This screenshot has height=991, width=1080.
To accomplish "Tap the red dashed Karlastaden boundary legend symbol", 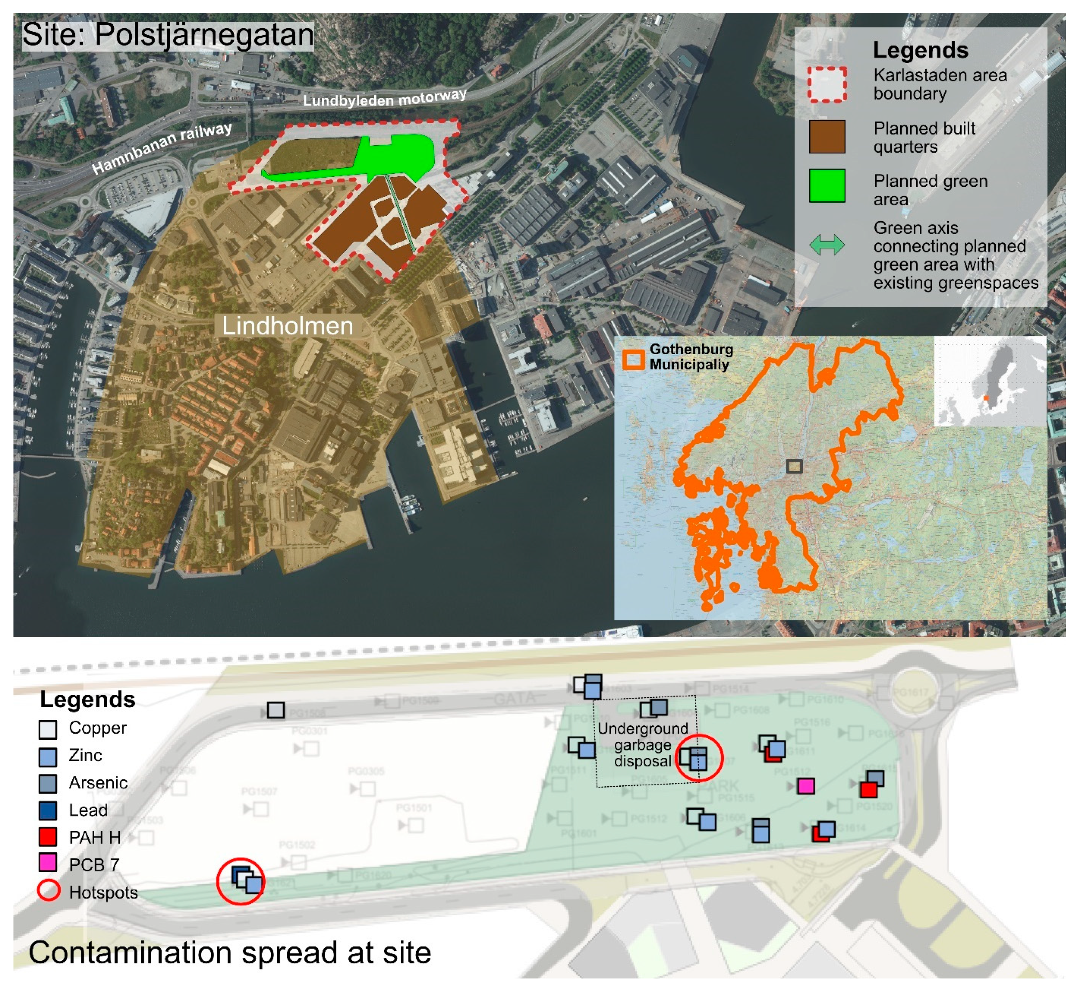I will pyautogui.click(x=827, y=84).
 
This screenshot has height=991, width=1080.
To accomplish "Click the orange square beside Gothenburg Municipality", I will pyautogui.click(x=633, y=359).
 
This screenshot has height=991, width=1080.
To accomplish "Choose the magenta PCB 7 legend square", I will pyautogui.click(x=48, y=864).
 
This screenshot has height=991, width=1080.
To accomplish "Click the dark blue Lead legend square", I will pyautogui.click(x=48, y=810).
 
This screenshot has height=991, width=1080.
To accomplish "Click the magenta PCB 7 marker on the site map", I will pyautogui.click(x=806, y=786).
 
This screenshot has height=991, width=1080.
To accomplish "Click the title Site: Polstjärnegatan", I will pyautogui.click(x=168, y=35).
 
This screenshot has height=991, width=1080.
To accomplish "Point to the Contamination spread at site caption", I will pyautogui.click(x=230, y=953).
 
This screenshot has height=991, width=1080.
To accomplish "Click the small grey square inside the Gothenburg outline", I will pyautogui.click(x=794, y=467).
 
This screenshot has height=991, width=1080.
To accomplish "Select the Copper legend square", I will pyautogui.click(x=48, y=729).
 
